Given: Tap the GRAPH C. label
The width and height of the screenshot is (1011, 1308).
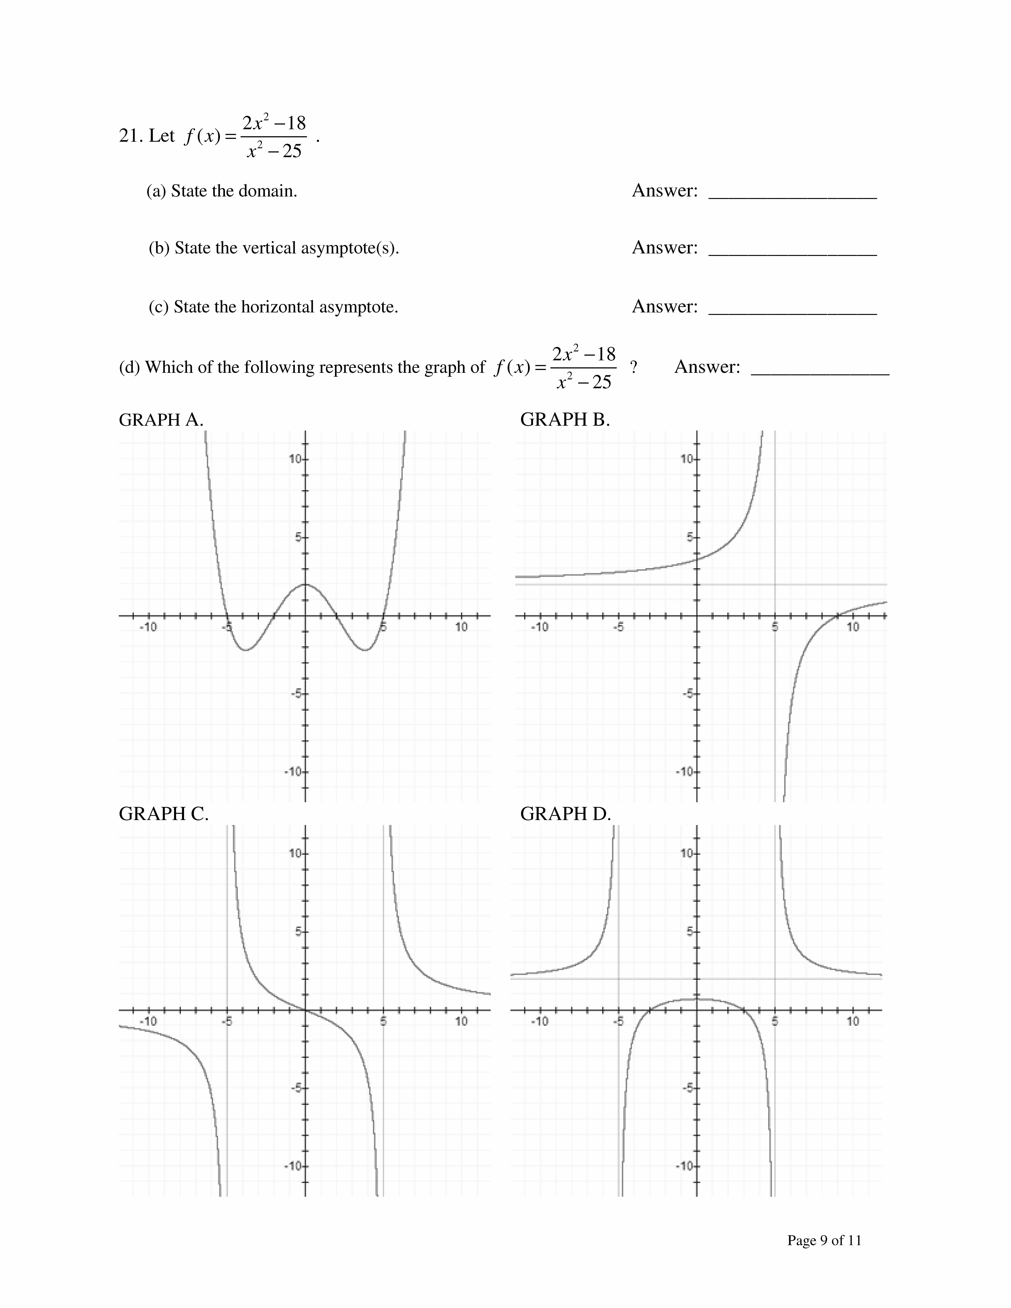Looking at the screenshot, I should pos(164,814).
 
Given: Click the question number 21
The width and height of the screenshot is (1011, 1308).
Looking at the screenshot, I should pos(130,137).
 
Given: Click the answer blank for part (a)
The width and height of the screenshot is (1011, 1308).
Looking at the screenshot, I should pos(792,193).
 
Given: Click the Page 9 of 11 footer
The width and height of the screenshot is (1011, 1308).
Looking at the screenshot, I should pos(824,1240).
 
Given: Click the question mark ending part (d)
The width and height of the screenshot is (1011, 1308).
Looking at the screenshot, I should pos(634,367).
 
